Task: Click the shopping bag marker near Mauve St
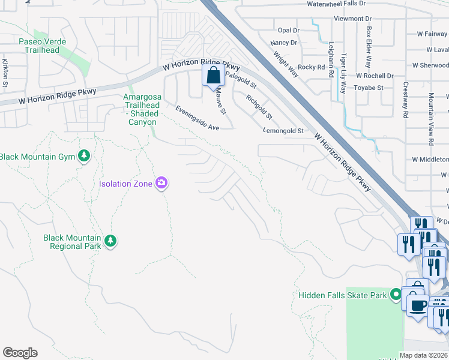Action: (213, 76)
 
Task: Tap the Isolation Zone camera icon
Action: (161, 183)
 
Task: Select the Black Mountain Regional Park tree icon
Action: (110, 241)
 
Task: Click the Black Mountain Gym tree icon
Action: (85, 157)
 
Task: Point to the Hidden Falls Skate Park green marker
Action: (395, 295)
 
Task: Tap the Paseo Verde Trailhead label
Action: (39, 46)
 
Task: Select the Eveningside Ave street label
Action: (197, 119)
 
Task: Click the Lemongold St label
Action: (284, 130)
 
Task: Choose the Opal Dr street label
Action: (288, 30)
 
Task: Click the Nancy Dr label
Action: (284, 43)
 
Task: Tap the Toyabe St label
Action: (369, 88)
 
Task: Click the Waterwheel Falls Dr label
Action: (336, 4)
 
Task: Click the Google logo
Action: (20, 353)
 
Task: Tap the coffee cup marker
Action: (418, 305)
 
